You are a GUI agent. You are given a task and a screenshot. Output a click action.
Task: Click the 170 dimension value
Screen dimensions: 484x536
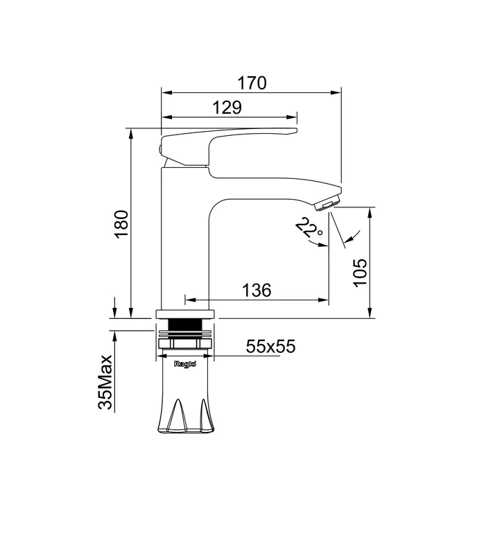pyautogui.click(x=252, y=83)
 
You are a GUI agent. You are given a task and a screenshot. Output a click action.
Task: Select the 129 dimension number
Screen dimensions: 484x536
pyautogui.click(x=227, y=107)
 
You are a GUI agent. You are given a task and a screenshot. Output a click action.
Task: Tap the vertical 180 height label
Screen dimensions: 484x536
pyautogui.click(x=121, y=224)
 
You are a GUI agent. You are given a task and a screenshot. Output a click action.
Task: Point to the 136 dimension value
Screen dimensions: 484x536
pyautogui.click(x=257, y=291)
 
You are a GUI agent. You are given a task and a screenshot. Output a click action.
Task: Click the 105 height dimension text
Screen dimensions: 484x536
pyautogui.click(x=360, y=273)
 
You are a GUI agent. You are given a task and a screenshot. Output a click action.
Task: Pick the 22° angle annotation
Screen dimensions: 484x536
pyautogui.click(x=309, y=227)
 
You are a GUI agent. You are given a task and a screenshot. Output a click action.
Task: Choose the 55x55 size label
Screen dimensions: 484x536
pyautogui.click(x=270, y=346)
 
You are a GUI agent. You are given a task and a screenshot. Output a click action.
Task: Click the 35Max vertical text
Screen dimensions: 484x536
pyautogui.click(x=105, y=382)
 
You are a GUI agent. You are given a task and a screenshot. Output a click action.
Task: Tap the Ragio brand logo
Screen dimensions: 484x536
pyautogui.click(x=185, y=364)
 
